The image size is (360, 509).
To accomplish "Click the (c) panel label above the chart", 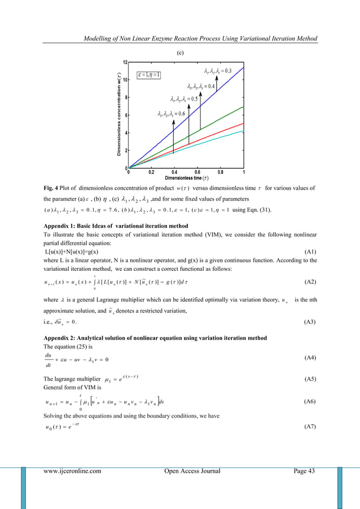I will tap(179, 52).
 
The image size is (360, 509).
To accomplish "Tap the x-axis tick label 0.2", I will tap(152, 173).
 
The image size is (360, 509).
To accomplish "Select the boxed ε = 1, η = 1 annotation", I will tap(150, 74).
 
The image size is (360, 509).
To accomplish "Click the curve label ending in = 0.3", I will tap(217, 71).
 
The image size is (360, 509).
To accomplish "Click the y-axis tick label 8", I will tap(125, 97).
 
